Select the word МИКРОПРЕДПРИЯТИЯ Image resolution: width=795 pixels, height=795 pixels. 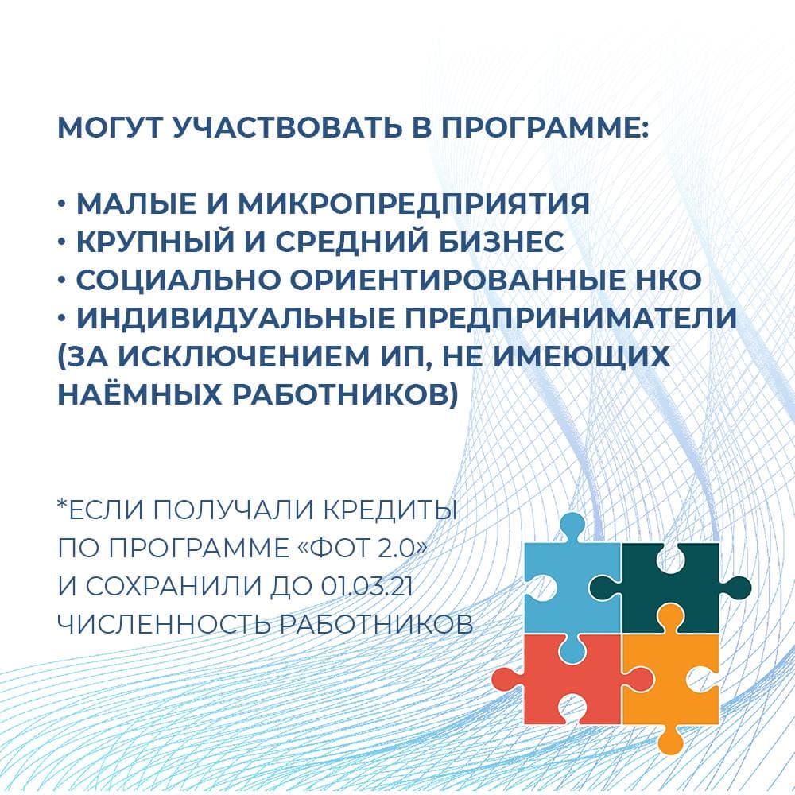pos(413,204)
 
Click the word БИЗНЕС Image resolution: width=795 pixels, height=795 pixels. pos(501,242)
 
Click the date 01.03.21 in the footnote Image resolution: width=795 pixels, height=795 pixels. pos(366,587)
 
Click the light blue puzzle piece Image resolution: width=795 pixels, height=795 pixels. pos(563,583)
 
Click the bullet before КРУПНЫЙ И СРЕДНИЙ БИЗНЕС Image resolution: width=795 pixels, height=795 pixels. pos(62,242)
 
